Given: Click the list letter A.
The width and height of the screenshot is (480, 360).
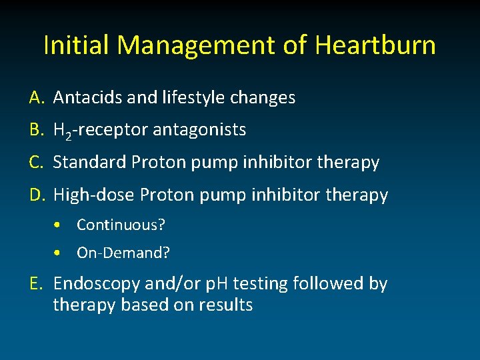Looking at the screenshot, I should click(36, 98).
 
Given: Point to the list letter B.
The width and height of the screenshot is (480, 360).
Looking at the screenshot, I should click(36, 130).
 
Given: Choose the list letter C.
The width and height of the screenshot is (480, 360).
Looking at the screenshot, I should click(36, 162).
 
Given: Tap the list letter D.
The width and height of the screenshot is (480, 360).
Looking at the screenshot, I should click(37, 195).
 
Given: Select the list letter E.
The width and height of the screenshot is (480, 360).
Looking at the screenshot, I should click(36, 284).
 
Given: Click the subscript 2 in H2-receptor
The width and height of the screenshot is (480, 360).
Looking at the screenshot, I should click(69, 135).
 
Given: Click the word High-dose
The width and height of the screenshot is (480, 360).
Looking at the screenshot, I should click(93, 195).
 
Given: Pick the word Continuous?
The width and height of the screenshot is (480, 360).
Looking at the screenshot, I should click(121, 225).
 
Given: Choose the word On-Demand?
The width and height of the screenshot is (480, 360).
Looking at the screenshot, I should click(123, 253).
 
